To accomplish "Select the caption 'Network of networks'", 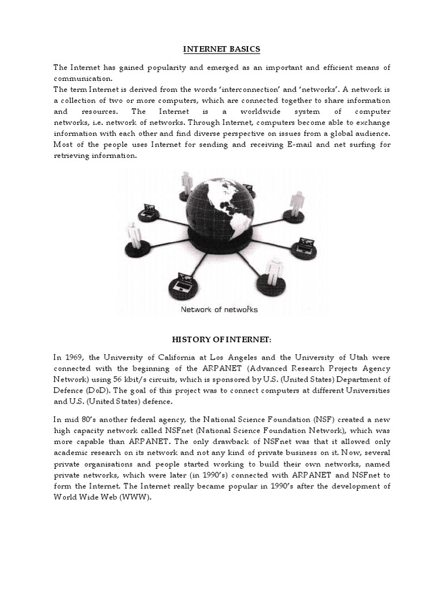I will click(220, 309).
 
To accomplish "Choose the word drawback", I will click(217, 445).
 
